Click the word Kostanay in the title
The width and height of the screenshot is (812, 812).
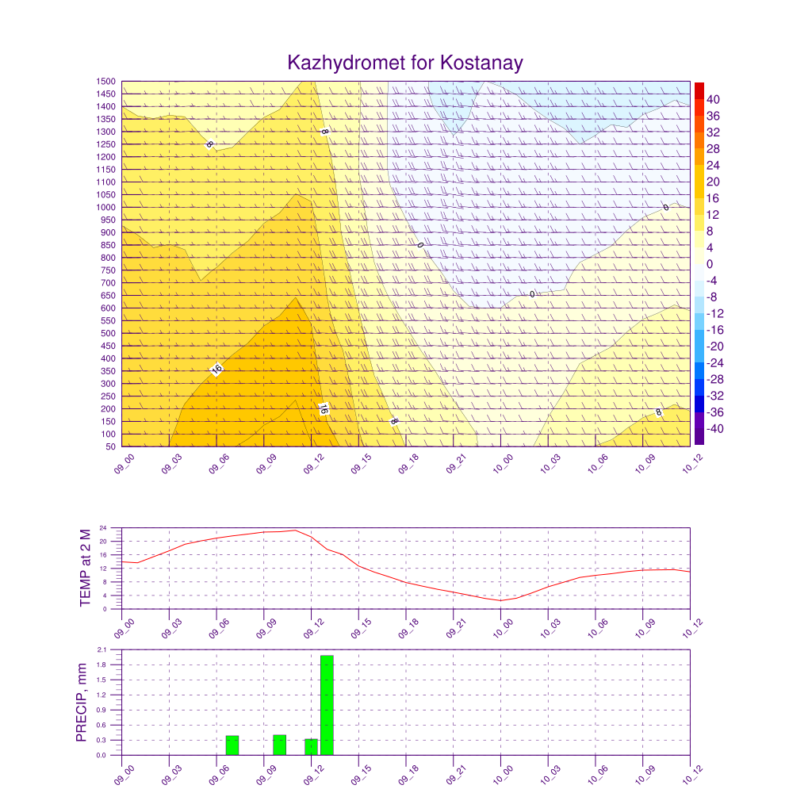coord(481,63)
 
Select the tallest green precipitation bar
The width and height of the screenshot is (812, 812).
coord(327,705)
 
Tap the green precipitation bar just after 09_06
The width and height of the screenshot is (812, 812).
coord(232,745)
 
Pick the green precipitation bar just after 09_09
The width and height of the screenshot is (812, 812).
coord(280,745)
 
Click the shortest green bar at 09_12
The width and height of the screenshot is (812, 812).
coord(311,747)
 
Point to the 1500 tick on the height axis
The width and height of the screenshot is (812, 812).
coord(105,82)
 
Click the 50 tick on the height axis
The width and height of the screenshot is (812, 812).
coord(110,446)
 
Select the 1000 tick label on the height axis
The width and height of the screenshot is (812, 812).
coord(105,207)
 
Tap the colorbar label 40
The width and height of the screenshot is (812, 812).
coord(713,99)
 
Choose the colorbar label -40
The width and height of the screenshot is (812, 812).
coord(714,429)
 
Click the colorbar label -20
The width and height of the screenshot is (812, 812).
coord(714,347)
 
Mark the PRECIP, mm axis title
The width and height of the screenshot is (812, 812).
coord(82,703)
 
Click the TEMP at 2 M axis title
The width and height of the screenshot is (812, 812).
coord(86,568)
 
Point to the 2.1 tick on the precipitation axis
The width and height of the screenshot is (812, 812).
coord(101,650)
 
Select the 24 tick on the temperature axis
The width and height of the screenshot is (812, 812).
coord(103,527)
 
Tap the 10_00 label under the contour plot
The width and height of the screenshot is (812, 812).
coord(503,464)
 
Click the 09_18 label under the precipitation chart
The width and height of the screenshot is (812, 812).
coord(408,775)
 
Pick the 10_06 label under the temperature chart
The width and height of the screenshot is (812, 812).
coord(598,628)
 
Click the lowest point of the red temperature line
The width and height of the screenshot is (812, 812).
coord(501,601)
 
